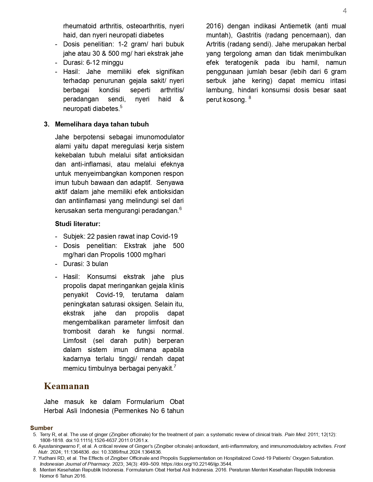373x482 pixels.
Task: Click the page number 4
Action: click(x=345, y=11)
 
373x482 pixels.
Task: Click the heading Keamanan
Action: click(x=66, y=386)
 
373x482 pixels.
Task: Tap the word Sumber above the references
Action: click(x=42, y=428)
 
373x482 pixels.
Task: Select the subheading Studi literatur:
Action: click(x=78, y=224)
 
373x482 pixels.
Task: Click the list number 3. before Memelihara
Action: click(x=47, y=124)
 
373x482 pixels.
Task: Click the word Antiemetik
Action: click(x=295, y=26)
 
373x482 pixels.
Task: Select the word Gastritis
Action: click(x=249, y=35)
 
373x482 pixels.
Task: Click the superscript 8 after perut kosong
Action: click(x=250, y=98)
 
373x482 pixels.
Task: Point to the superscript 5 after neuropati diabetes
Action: click(x=121, y=107)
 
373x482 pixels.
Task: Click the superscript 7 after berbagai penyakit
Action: click(x=175, y=366)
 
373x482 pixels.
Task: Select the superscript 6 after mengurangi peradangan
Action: click(x=181, y=209)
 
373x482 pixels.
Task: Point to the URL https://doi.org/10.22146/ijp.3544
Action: click(x=197, y=464)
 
